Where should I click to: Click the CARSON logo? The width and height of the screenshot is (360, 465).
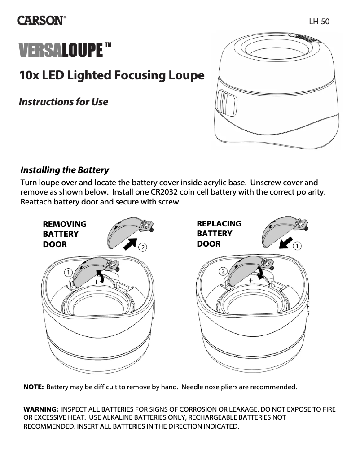click(42, 21)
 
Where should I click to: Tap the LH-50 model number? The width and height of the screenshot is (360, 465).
click(319, 21)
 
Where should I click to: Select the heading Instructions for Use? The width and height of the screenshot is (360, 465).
click(63, 102)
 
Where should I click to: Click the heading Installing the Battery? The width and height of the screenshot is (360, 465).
click(65, 170)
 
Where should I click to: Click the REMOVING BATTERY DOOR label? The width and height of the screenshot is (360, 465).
click(64, 234)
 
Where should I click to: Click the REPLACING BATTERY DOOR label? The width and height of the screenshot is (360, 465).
click(219, 234)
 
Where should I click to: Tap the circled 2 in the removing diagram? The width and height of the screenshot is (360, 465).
click(142, 247)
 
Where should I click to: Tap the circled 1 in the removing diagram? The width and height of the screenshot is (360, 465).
click(68, 272)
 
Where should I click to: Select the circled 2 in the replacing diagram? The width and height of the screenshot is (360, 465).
click(223, 271)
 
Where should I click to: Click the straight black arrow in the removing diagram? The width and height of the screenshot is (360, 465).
click(130, 244)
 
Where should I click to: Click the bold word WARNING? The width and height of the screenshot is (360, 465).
click(41, 410)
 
